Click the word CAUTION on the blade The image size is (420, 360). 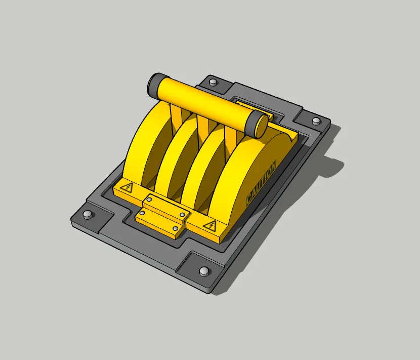[x=261, y=183]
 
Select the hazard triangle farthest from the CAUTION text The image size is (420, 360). [x=127, y=187]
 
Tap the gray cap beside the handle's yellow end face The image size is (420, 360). [x=255, y=124]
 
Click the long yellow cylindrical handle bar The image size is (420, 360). [x=205, y=105]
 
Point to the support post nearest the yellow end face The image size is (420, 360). [x=230, y=136]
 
